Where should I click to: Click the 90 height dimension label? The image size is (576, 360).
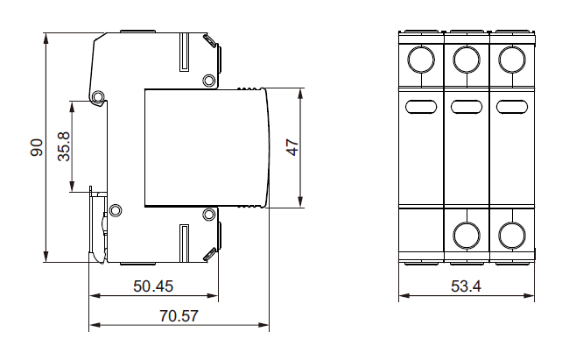click(x=36, y=147)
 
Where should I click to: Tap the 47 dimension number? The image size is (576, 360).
click(x=292, y=147)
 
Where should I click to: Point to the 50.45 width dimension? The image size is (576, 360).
click(x=152, y=286)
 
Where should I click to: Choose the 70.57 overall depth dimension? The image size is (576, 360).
click(x=179, y=315)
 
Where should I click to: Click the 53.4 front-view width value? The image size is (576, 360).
click(x=465, y=286)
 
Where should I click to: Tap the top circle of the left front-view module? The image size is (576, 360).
click(x=421, y=59)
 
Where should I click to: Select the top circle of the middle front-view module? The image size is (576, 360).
click(x=467, y=59)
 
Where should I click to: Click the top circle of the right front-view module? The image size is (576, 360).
click(x=511, y=59)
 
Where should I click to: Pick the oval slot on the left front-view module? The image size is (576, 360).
click(x=421, y=107)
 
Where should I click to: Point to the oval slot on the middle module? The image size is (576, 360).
click(x=467, y=107)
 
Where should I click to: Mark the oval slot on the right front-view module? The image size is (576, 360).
click(x=511, y=107)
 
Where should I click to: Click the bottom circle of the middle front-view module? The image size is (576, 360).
click(x=467, y=234)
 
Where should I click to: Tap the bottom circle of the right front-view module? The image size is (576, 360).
click(x=511, y=234)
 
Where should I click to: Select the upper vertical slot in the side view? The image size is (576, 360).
click(x=184, y=53)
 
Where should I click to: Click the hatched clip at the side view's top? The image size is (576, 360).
click(x=211, y=41)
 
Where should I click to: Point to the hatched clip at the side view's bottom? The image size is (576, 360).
click(x=211, y=253)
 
